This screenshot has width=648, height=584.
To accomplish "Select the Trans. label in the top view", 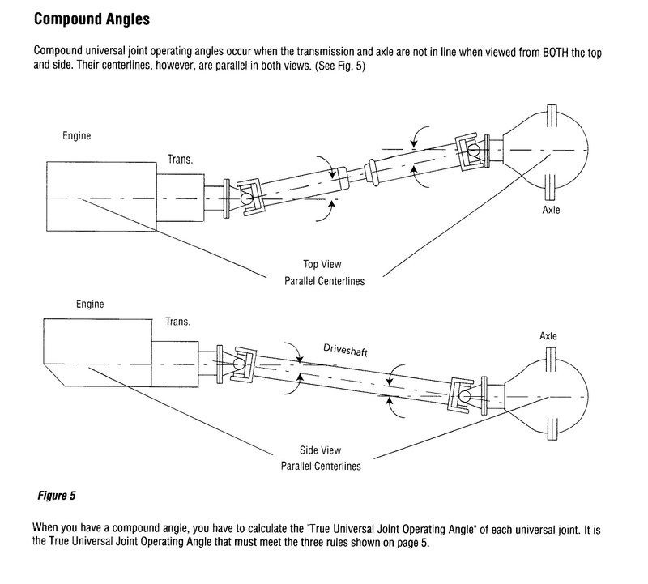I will [x=180, y=160].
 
